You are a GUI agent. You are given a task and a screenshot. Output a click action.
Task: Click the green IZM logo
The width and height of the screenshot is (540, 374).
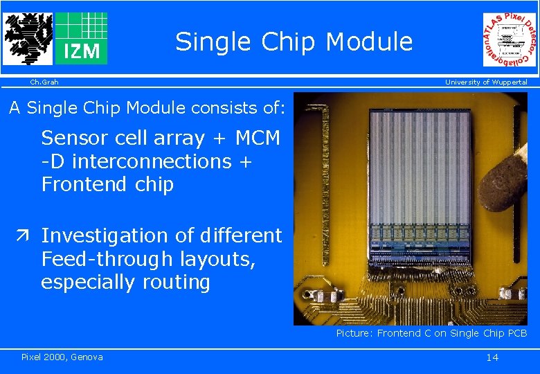[82, 38]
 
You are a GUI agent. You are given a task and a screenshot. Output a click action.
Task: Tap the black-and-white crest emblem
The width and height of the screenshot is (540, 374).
[28, 38]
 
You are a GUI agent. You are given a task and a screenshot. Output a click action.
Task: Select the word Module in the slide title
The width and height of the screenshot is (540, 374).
[369, 42]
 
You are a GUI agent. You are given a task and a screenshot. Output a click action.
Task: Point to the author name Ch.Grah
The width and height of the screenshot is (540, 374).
[44, 82]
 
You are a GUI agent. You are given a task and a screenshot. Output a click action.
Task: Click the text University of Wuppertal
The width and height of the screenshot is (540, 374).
[486, 82]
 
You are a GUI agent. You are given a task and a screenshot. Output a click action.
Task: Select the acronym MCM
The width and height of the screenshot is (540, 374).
[258, 138]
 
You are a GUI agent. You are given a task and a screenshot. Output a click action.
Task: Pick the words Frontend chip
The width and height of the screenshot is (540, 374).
[107, 185]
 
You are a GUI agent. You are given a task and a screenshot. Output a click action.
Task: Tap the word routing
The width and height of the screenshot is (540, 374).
[176, 283]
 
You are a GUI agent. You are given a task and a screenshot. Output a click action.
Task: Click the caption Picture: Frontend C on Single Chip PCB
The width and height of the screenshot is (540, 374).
[431, 334]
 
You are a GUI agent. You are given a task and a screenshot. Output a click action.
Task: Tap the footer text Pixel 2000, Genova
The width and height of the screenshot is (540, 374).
[62, 357]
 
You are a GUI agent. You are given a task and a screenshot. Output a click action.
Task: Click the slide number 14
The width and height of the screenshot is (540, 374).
[492, 357]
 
